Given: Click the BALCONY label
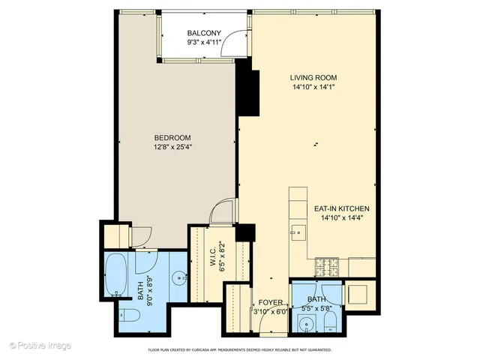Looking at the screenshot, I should point(203,33).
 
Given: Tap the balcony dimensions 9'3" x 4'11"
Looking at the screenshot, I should point(203,43).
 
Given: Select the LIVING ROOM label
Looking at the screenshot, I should point(313,77).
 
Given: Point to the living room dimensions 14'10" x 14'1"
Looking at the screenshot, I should point(313,87).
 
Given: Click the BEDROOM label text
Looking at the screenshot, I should point(172,137).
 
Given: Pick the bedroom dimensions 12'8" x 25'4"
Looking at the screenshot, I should point(172,147).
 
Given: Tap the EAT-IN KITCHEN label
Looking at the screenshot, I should point(341,209).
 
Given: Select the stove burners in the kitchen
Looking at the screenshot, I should point(327,265).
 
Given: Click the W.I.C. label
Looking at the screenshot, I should point(213,258).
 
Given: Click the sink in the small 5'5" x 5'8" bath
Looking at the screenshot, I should point(305,324).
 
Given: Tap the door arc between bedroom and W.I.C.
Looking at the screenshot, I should point(223,213).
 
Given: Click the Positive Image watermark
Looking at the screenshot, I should point(40,345).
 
